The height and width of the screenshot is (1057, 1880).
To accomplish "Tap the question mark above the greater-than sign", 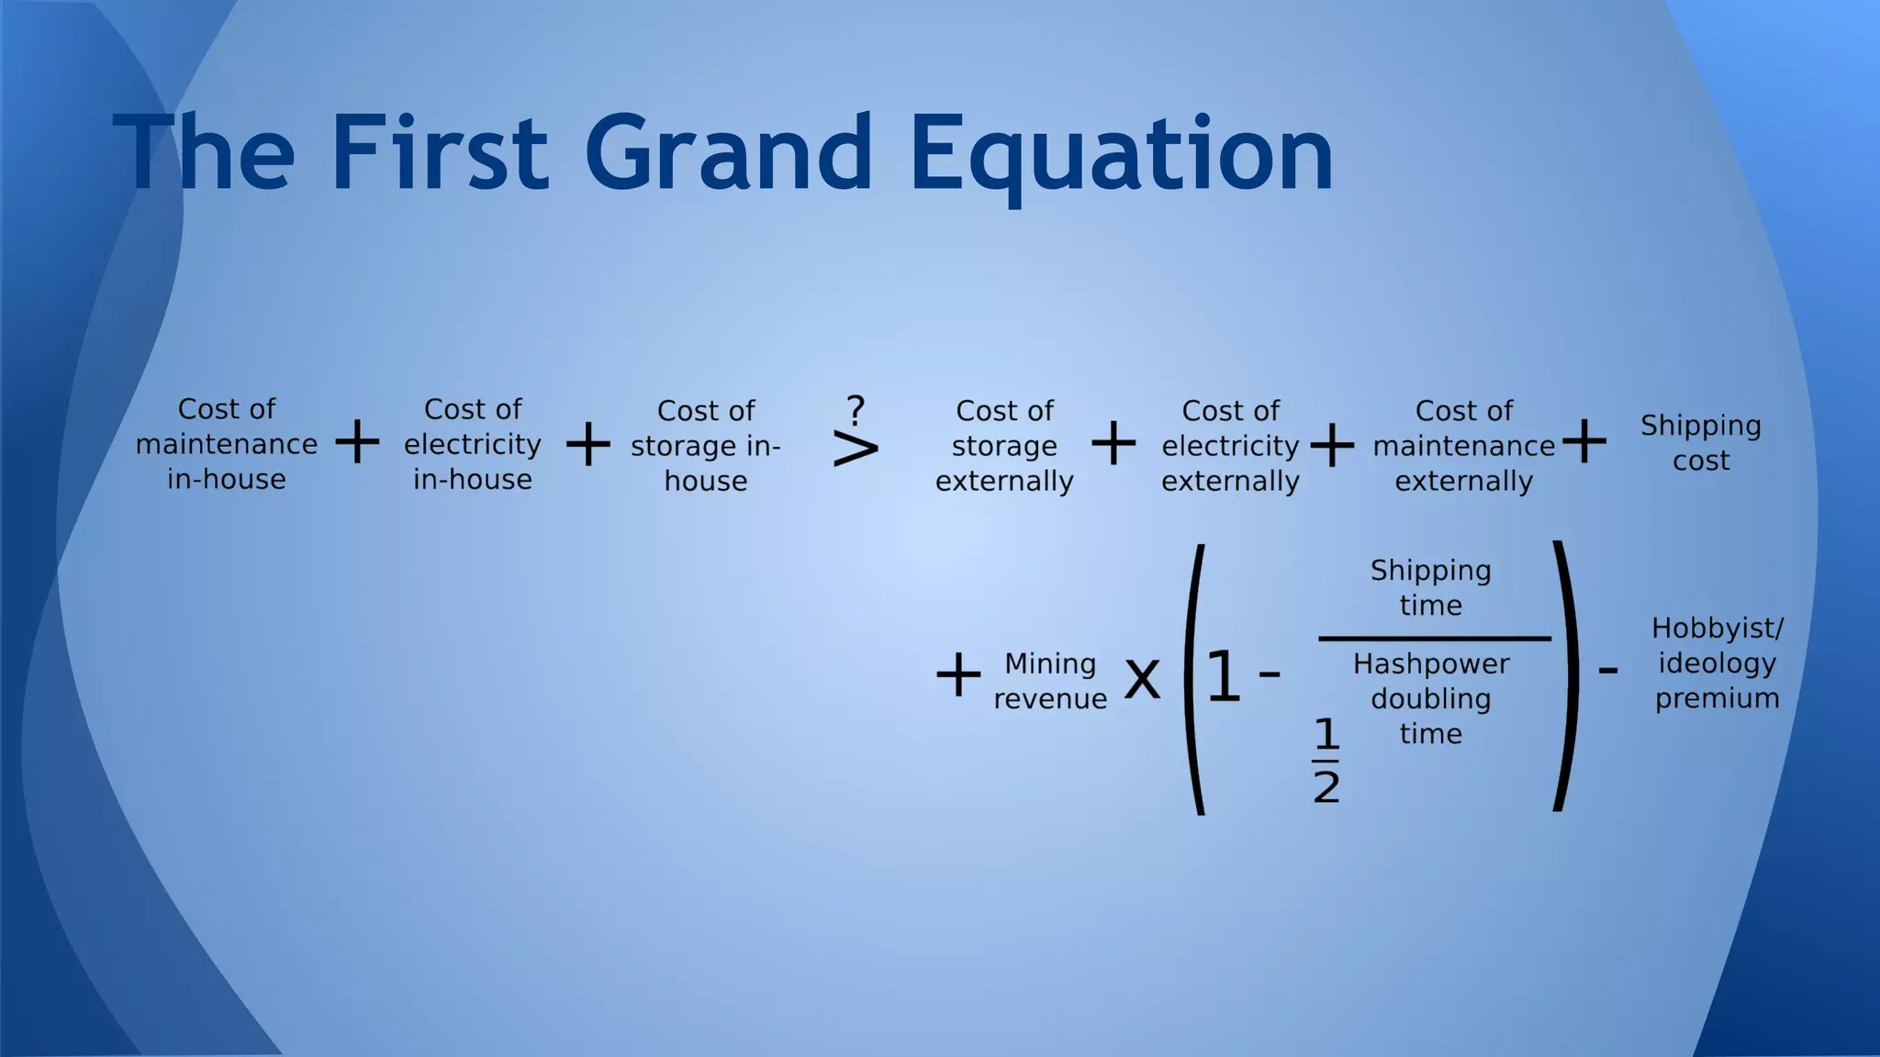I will point(856,408).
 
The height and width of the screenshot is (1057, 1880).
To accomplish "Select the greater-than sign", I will point(855,450).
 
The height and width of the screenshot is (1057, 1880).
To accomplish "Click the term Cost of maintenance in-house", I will point(226,444).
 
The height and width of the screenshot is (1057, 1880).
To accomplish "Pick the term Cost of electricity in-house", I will point(472,444).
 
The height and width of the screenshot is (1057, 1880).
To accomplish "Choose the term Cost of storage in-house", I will point(705,446).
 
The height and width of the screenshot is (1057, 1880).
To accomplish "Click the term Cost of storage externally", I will point(1003,446).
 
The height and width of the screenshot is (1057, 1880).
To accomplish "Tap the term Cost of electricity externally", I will point(1230,446).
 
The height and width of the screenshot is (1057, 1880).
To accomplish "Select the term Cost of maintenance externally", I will point(1463,446).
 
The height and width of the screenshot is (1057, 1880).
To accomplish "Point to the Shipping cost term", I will point(1700,442).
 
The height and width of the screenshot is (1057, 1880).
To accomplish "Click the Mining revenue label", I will point(1050,681).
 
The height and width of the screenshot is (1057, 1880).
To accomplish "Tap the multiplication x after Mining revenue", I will point(1142,679).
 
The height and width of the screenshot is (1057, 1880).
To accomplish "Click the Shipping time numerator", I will point(1430,587).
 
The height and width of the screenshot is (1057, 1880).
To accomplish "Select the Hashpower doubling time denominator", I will point(1430,698).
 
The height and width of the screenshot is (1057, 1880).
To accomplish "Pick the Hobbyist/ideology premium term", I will point(1717,663).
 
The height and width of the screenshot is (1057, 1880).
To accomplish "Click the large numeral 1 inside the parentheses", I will point(1223,677).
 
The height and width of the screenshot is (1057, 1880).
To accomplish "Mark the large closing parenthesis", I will point(1564,677).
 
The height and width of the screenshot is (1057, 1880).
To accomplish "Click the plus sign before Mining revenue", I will point(957,675).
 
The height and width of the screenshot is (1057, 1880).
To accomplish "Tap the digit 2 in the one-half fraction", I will point(1326,787).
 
